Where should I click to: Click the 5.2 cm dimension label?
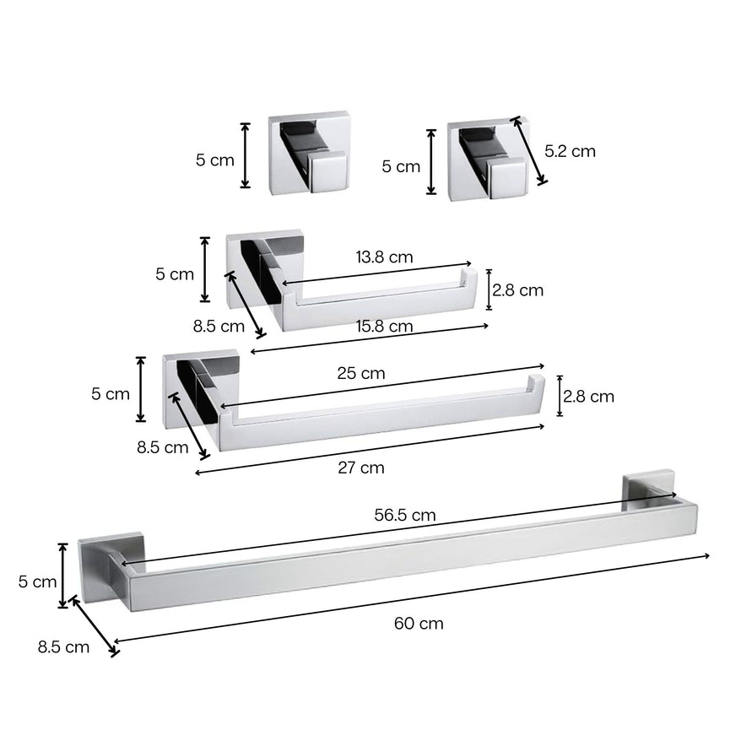click(570, 152)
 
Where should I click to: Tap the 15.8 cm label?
click(384, 326)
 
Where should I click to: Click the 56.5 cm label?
click(405, 514)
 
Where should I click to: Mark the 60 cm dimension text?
click(419, 624)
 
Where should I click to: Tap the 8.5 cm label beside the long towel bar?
click(63, 647)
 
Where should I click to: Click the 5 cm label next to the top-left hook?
click(215, 160)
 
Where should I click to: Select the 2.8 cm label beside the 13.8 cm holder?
click(518, 290)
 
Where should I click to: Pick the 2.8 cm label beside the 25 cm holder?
click(589, 396)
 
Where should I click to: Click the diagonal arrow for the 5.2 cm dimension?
click(527, 149)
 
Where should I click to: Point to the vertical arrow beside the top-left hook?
click(246, 155)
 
